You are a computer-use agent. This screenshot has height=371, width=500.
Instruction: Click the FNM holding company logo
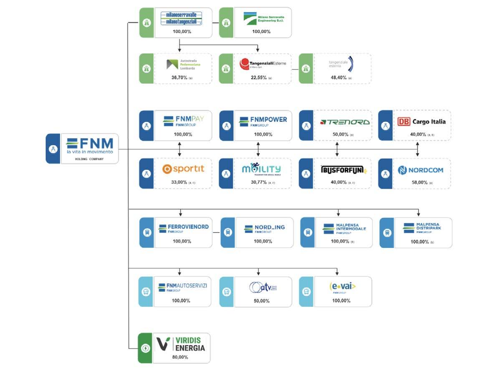pos(90,146)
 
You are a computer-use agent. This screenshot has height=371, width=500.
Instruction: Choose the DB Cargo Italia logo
pos(416,122)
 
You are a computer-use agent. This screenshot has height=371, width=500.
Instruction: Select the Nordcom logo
pos(420,170)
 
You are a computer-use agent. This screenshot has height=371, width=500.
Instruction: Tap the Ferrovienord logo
pos(184,228)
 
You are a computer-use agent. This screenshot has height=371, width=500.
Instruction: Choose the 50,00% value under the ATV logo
pos(262,300)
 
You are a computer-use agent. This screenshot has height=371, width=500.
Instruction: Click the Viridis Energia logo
pos(181,343)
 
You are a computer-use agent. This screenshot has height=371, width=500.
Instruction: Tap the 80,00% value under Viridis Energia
pos(180,357)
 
